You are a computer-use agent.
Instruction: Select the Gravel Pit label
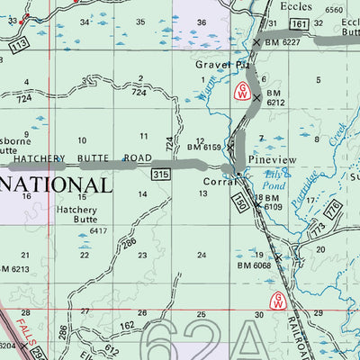coord(221,66)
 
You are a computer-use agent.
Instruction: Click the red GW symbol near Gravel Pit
coord(241,92)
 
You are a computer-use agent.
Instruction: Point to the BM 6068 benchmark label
coord(254,265)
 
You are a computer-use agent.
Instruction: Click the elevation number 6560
coord(335,9)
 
